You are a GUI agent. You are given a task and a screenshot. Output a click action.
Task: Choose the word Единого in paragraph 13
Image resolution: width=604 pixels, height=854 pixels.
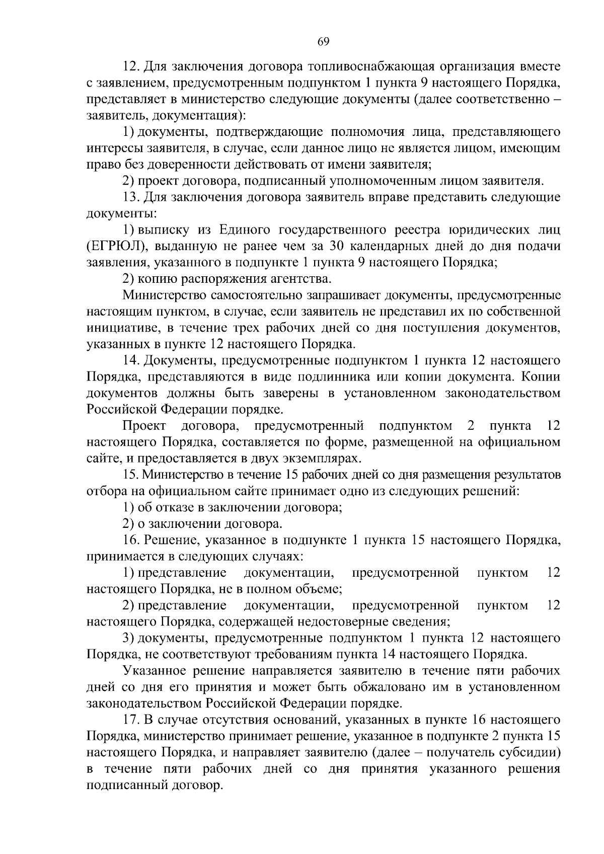(x=240, y=230)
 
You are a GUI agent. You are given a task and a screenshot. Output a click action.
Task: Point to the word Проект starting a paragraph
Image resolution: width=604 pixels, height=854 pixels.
(x=144, y=426)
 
